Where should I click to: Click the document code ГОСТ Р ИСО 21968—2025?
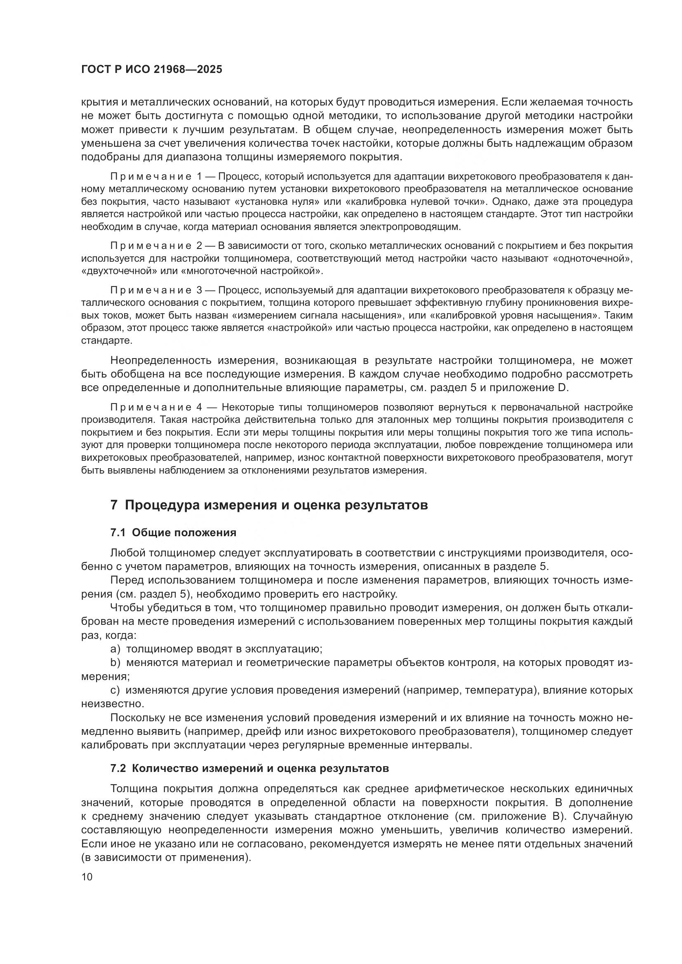click(152, 70)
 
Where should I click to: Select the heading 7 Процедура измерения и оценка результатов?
click(269, 505)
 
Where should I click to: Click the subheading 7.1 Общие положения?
click(173, 533)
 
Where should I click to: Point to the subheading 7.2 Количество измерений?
click(249, 769)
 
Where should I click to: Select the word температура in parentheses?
click(498, 690)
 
